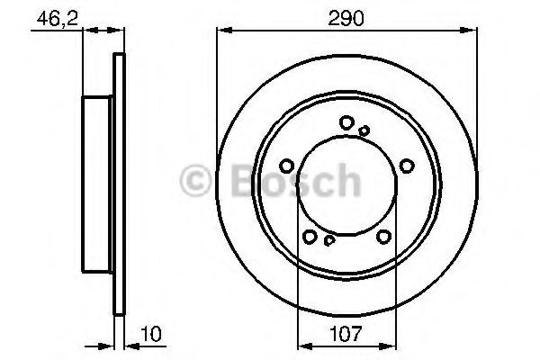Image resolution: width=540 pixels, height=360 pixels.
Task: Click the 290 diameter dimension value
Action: click(346, 19)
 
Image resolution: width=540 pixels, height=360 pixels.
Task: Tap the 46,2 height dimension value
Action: click(58, 19)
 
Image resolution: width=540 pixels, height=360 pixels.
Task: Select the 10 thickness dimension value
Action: click(151, 334)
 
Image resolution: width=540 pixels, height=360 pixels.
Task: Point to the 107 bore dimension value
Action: click(346, 334)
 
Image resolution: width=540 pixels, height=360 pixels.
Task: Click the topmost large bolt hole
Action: click(346, 122)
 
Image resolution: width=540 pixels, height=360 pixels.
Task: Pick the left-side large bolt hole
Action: click(286, 166)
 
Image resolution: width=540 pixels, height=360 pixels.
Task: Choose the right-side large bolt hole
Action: click(407, 166)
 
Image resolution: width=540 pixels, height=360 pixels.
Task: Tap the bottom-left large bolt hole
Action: click(310, 237)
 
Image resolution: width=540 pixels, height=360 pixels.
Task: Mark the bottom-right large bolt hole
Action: click(383, 237)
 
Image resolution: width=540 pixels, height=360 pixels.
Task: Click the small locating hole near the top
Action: click(364, 130)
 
